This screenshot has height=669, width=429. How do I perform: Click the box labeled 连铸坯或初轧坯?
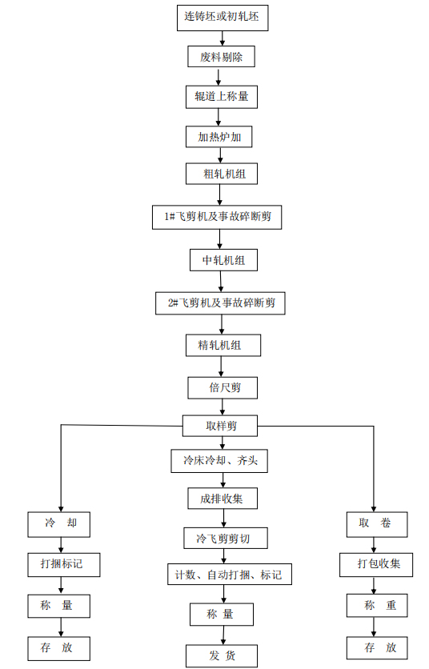coord(223,18)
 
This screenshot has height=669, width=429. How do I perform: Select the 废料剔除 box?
coord(221,56)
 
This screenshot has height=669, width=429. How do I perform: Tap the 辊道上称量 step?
coord(222,97)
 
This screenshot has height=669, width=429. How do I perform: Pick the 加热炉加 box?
coord(219,137)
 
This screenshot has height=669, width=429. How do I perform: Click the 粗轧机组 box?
coord(222,174)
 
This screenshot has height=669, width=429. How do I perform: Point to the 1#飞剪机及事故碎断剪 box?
coord(217,217)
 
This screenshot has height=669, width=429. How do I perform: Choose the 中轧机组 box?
coord(223,260)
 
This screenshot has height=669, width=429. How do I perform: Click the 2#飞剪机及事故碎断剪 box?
coord(220,303)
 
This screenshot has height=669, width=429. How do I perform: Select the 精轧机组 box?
coord(223,345)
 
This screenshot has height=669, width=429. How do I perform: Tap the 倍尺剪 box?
coord(223,387)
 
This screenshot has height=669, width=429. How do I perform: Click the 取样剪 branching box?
coord(220,426)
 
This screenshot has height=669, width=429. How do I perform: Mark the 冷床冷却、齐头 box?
coord(219,461)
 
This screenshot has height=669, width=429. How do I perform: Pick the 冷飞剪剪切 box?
coord(226,539)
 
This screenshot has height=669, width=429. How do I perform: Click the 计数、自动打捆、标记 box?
coord(230,575)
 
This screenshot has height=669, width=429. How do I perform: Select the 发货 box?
coord(222,655)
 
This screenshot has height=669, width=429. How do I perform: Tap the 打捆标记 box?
coord(64,565)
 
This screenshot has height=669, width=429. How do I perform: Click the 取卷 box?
coord(377,524)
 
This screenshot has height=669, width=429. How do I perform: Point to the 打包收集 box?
coord(376,565)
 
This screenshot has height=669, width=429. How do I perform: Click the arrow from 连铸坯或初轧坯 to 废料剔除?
coord(223,38)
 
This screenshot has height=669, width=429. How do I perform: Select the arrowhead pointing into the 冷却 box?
coord(61,509)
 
